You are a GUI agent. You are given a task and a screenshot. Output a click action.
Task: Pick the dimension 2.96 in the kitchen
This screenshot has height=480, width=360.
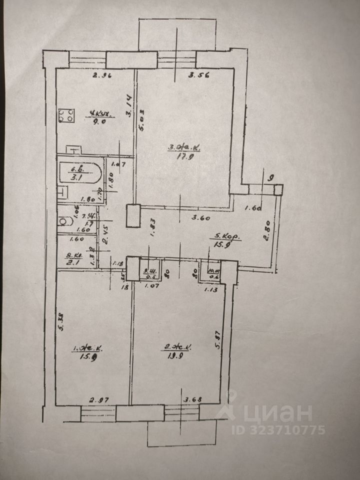click(101, 76)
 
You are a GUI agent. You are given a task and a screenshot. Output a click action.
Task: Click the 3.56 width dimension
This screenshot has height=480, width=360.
click(197, 76)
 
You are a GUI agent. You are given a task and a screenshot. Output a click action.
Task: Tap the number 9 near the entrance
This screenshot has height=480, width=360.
click(271, 176)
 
